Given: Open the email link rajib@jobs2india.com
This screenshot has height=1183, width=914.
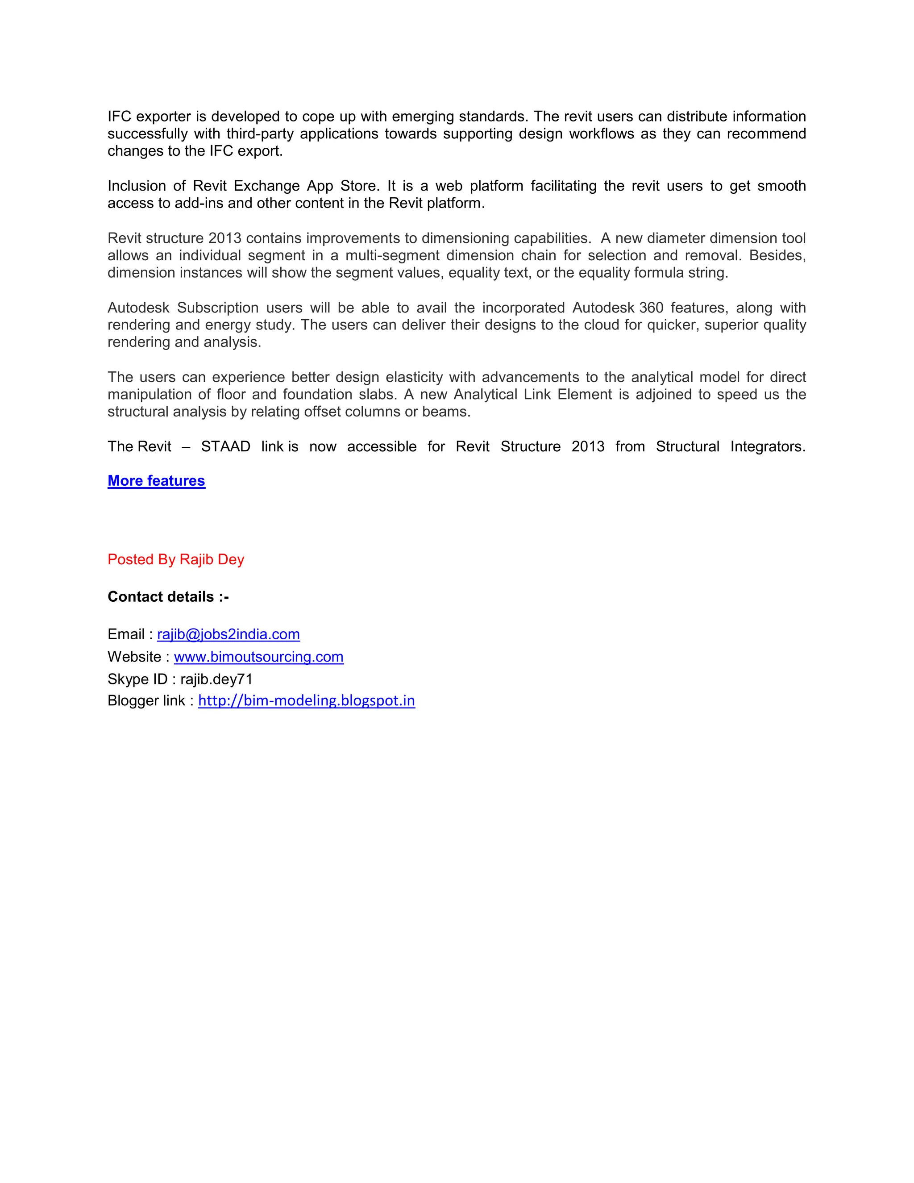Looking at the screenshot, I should (x=228, y=634).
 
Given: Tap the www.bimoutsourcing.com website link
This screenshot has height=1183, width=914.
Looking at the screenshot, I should (x=258, y=657).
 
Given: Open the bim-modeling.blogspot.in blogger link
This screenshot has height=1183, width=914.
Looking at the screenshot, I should (x=307, y=701).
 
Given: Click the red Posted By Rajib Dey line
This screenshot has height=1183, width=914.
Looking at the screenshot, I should (x=175, y=559).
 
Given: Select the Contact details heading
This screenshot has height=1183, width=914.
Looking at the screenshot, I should (x=168, y=597).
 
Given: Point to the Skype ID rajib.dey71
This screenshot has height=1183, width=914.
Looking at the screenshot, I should (x=216, y=679).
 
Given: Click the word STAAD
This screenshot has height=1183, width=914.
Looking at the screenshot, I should (x=225, y=447).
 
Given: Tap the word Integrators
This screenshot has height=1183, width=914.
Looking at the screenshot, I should (x=767, y=447).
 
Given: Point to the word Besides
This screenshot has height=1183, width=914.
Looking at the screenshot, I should (x=777, y=256).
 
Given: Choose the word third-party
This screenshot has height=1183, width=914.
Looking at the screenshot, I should (x=259, y=134).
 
